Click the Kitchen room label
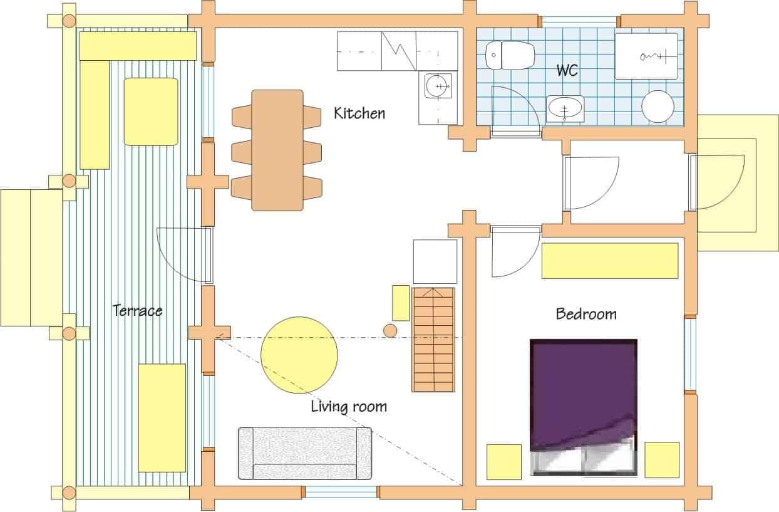click(x=359, y=113)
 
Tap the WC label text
click(x=567, y=70)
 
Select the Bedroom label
click(x=586, y=314)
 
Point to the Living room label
click(x=349, y=406)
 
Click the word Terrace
click(x=138, y=310)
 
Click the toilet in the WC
click(x=510, y=55)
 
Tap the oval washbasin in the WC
click(x=565, y=108)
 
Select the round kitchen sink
click(x=438, y=86)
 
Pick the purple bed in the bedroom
click(x=584, y=407)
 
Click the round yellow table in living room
click(x=299, y=355)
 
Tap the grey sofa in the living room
click(x=305, y=454)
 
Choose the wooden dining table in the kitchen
click(x=277, y=150)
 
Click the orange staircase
click(x=433, y=340)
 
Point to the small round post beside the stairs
click(x=390, y=331)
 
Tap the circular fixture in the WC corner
click(x=658, y=107)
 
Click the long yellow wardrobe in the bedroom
click(x=610, y=261)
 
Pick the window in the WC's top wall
click(x=579, y=21)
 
